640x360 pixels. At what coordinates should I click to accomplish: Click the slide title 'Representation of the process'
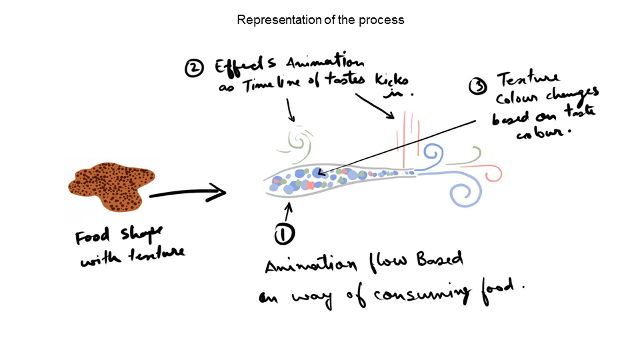pos(321,20)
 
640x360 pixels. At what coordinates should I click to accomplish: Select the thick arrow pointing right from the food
pos(188,195)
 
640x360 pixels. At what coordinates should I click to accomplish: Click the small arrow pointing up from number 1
pos(288,211)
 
